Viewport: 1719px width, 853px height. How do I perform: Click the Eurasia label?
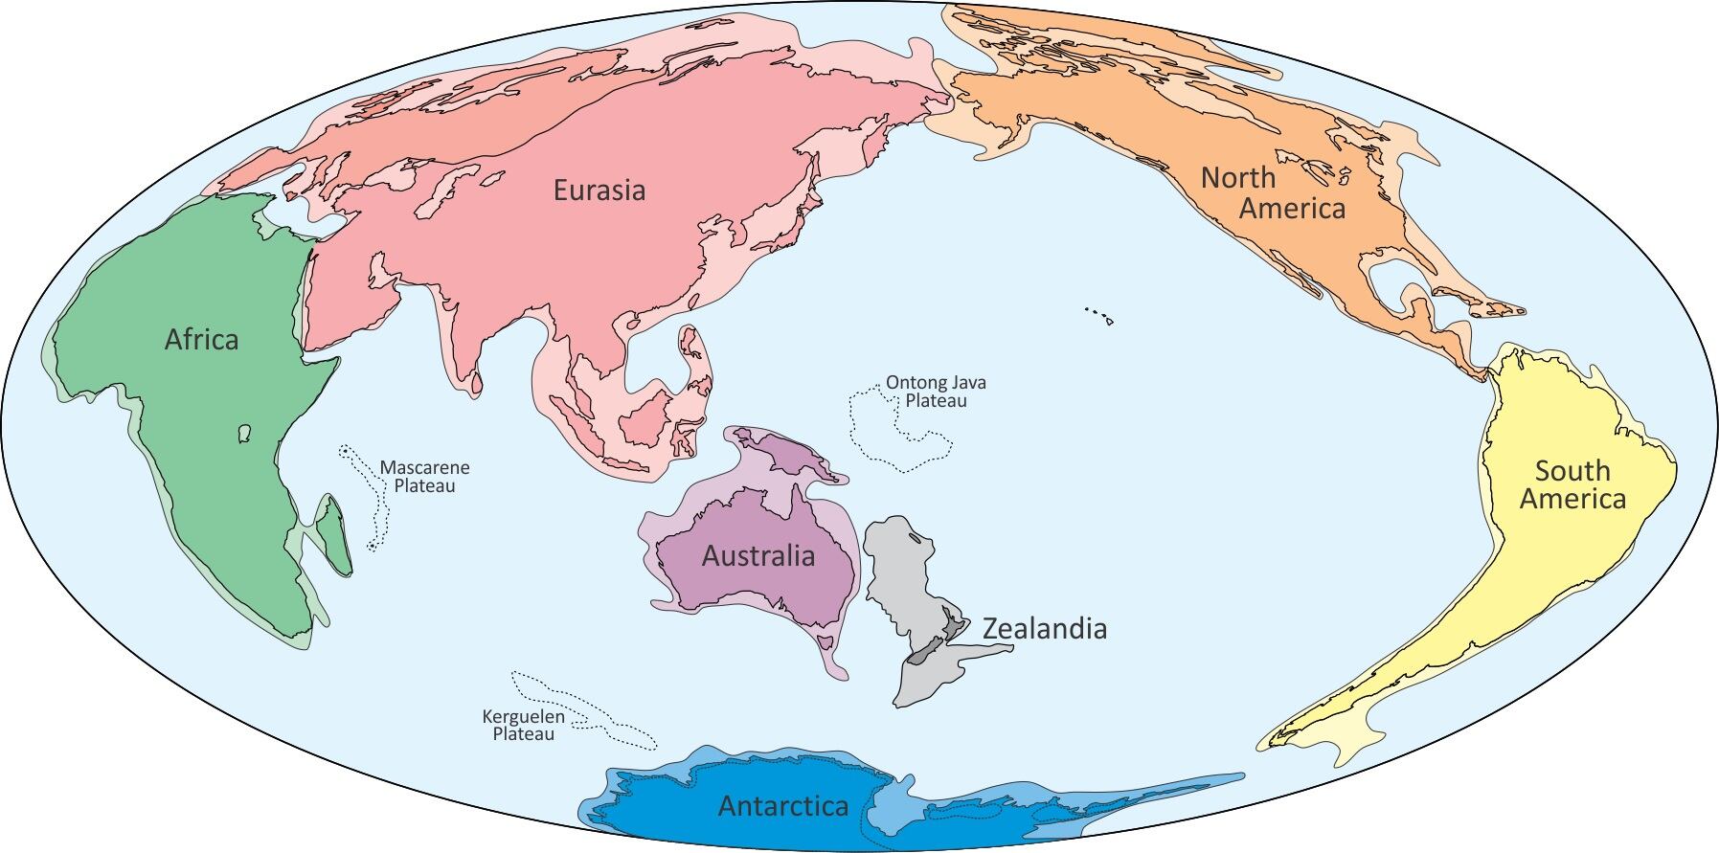tap(599, 191)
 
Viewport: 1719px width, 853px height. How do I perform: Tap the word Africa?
tap(201, 340)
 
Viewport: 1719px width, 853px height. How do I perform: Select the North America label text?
tap(1272, 192)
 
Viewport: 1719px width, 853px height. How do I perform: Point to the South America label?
tap(1572, 484)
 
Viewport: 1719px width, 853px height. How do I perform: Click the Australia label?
tap(758, 556)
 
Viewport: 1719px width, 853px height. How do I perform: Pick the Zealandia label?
tap(1045, 629)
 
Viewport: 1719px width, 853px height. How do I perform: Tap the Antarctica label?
tap(783, 806)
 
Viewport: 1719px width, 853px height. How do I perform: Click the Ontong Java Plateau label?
tap(936, 392)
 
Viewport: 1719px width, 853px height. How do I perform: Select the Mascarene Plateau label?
tap(424, 477)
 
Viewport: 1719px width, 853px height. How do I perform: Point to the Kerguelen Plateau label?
tap(523, 726)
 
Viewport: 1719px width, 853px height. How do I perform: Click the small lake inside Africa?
tap(244, 435)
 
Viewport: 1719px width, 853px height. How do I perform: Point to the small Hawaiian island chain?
tap(1097, 314)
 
